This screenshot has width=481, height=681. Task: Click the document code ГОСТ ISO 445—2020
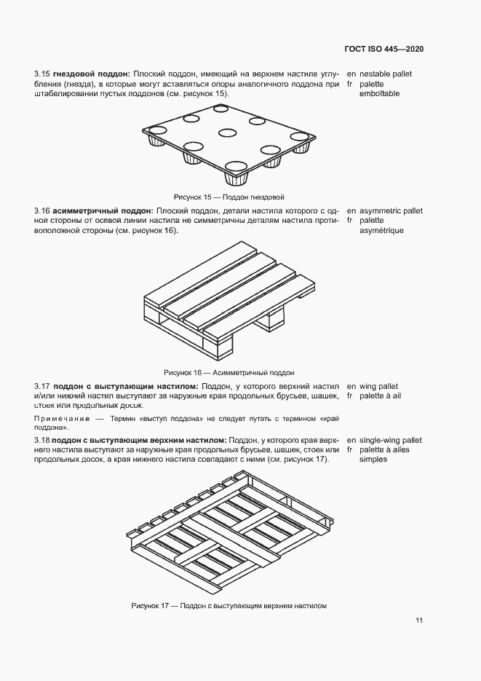click(383, 50)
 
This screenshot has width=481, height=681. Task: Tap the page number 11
click(419, 621)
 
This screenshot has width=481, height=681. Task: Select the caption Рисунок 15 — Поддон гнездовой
click(228, 197)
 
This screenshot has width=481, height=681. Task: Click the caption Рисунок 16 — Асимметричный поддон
click(229, 371)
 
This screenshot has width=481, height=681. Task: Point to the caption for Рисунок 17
click(229, 605)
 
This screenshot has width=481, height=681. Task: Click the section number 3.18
click(41, 441)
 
